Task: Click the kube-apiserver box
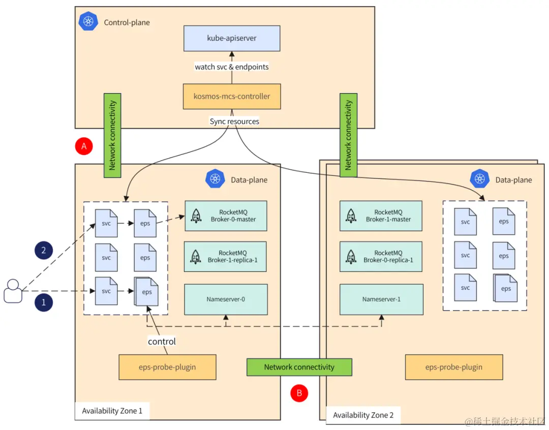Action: (232, 38)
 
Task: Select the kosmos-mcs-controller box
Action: (232, 96)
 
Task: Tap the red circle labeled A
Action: (84, 146)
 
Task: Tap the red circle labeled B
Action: (299, 393)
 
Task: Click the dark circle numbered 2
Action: (44, 250)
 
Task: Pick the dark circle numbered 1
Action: (44, 302)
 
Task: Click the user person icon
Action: (13, 291)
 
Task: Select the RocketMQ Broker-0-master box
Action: (226, 216)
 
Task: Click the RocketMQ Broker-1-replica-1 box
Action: (226, 256)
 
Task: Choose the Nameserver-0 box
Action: (226, 299)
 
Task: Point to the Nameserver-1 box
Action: (381, 299)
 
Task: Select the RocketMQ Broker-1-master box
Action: (381, 216)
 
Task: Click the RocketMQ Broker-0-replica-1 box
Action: (381, 256)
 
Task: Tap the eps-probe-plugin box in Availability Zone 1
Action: (167, 367)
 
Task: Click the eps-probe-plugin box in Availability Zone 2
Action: (454, 367)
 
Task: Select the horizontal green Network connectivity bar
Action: (299, 367)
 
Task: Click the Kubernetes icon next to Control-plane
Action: (88, 21)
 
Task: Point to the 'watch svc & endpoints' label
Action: (232, 67)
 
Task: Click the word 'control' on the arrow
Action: (162, 342)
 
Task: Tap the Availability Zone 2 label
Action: (363, 415)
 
